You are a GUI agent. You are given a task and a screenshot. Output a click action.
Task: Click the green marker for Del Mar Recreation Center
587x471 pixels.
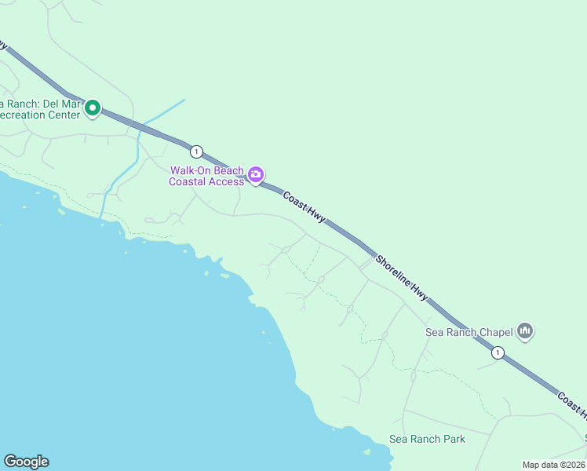coord(93,108)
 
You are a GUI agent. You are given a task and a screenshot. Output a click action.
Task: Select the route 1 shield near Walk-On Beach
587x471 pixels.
coord(196,151)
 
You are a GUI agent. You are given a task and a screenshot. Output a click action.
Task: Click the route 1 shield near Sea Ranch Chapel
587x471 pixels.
coord(498,353)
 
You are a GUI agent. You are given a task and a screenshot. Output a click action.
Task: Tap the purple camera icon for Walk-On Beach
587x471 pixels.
coord(255,174)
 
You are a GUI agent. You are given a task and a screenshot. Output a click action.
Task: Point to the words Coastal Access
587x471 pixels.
coord(206,182)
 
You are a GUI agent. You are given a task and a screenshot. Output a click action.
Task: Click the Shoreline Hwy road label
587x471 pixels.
coord(402,278)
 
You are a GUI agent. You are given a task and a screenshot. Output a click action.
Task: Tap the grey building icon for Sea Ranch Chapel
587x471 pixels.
coord(526,332)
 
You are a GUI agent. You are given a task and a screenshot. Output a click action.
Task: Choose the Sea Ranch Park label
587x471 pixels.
coord(427,439)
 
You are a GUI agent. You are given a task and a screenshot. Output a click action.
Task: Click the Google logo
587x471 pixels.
coord(26,462)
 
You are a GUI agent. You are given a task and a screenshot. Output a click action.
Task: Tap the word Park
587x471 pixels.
coord(453,439)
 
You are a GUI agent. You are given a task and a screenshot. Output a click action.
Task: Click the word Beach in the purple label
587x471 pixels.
coord(228,170)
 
